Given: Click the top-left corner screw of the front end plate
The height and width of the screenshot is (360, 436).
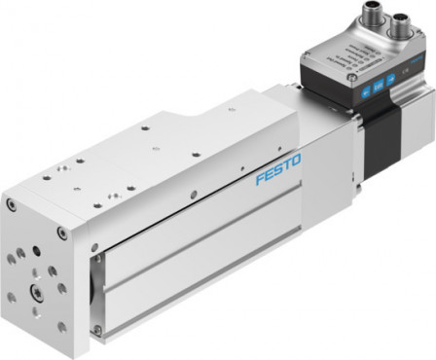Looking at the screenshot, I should [x=12, y=206].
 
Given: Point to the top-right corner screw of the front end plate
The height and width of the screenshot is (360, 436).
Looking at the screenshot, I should [x=61, y=234].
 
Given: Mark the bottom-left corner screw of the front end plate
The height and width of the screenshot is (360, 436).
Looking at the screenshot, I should [x=12, y=302].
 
